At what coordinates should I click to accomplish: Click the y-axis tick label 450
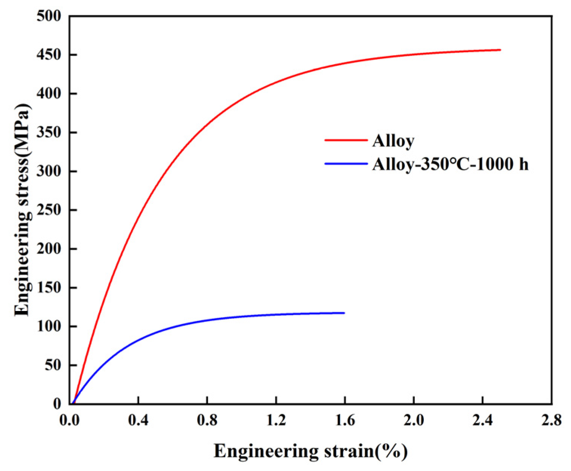click(49, 55)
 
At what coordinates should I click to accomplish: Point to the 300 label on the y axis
click(49, 171)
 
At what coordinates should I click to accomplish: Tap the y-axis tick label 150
click(49, 288)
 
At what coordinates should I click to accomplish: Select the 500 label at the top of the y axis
click(49, 16)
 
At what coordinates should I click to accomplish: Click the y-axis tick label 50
click(53, 365)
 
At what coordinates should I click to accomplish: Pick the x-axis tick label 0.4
click(138, 420)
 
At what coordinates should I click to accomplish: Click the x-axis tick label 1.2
click(276, 420)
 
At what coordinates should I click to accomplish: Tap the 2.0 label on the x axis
click(414, 420)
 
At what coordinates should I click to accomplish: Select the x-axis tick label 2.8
click(551, 420)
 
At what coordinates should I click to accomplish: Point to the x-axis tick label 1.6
click(345, 420)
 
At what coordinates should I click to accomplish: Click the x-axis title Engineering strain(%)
click(311, 451)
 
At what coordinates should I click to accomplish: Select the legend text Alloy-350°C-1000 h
click(450, 164)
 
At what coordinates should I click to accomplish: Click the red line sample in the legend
click(346, 140)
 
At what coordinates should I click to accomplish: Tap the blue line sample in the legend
click(346, 164)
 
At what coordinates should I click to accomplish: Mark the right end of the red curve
click(500, 50)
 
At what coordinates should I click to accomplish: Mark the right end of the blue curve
click(344, 313)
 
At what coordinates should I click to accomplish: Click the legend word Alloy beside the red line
click(393, 141)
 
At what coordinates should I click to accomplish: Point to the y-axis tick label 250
click(49, 210)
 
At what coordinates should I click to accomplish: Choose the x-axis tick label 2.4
click(482, 420)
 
